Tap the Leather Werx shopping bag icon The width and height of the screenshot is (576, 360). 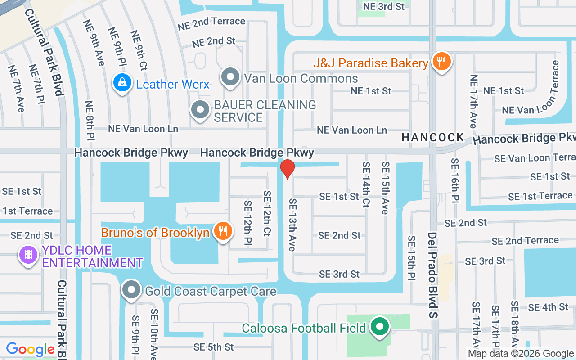click(121, 83)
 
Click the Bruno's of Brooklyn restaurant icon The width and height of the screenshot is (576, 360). click(223, 231)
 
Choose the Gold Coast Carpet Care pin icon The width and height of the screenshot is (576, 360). click(131, 290)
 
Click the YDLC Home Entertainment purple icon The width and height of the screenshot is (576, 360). click(28, 255)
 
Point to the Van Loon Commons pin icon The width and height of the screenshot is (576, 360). click(231, 77)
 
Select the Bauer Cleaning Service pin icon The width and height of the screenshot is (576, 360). click(200, 110)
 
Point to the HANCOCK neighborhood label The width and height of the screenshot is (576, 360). click(433, 137)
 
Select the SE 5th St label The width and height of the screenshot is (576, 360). click(214, 347)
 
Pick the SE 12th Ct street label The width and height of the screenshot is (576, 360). click(267, 213)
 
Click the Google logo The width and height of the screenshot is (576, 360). click(31, 349)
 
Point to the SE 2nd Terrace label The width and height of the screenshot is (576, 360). click(525, 241)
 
